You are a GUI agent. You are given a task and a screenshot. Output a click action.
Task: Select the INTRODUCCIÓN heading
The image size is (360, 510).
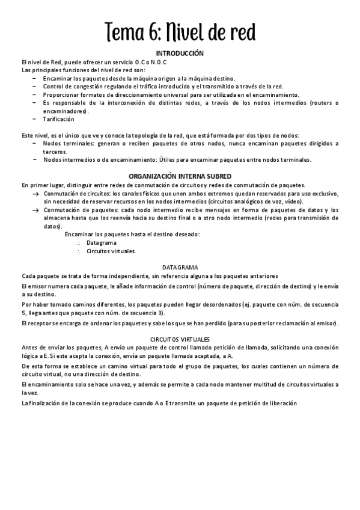[180, 54]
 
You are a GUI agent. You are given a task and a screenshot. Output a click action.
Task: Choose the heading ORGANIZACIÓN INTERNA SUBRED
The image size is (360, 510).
[180, 176]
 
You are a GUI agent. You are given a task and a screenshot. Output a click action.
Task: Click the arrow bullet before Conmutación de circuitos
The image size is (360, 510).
[36, 194]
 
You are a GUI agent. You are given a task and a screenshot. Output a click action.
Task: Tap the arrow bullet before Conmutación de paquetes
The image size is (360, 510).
[36, 210]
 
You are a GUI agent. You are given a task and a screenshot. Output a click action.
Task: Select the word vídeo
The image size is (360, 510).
[293, 202]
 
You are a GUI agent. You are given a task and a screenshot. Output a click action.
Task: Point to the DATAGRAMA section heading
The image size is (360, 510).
[180, 266]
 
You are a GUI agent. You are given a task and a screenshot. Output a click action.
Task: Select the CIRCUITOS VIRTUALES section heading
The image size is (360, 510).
[180, 339]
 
